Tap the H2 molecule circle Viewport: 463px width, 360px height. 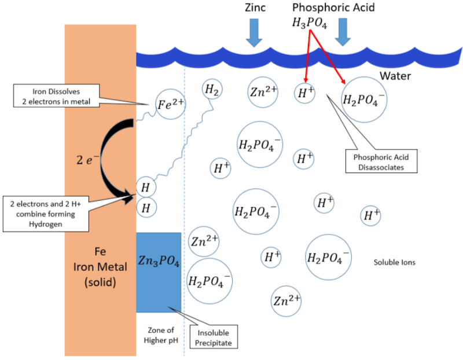coord(212,90)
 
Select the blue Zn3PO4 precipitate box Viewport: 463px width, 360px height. coord(159,272)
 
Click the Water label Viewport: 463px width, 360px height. coord(395,76)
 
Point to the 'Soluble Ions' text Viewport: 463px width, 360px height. coord(395,262)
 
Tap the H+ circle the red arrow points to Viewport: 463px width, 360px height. coord(304,93)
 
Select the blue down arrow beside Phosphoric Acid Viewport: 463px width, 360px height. coord(343,32)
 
